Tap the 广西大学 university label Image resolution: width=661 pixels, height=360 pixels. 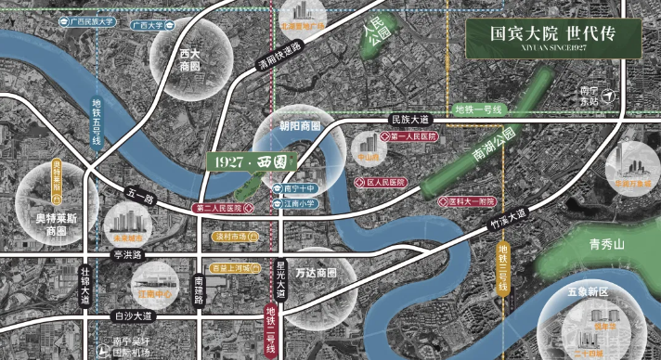pos(146,25)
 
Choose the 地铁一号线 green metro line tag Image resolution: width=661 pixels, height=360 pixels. pos(477,109)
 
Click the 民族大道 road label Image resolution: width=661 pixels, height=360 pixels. pos(410,120)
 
